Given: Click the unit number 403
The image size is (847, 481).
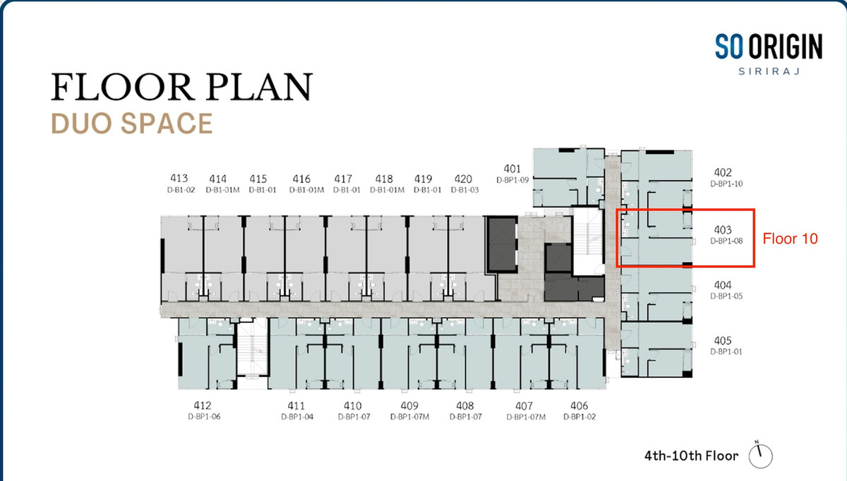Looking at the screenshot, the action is coord(723,230).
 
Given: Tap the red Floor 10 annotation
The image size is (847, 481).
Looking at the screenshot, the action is coord(790,239).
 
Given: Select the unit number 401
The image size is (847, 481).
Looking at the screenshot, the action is coord(512,169).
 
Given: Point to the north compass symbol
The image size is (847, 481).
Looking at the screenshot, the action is coord(760,455).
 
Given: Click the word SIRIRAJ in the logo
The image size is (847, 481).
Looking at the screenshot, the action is coord(769,71).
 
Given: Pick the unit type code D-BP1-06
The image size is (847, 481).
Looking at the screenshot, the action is coord(204,417).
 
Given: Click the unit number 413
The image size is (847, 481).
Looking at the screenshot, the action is coord(179,178).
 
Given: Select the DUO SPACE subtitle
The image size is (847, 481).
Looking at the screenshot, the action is coord(132,124).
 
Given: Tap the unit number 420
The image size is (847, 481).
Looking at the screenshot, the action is coord(463,179).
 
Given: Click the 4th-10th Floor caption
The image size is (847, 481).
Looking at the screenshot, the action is coord(691,456).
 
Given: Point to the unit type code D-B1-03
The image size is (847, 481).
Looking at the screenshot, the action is coord(464,189).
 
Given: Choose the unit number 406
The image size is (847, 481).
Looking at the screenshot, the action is coord(579,405).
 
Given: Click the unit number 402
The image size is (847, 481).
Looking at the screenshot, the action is coord(723,172).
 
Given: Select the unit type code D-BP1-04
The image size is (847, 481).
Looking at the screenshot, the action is coord(297,417).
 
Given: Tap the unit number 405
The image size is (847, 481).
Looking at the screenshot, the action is coord(723,340).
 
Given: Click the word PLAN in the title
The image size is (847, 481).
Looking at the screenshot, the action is coord(260,87).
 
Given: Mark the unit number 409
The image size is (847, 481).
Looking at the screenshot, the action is coord(409,405).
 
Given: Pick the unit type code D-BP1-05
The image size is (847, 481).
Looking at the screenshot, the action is coord(726,296).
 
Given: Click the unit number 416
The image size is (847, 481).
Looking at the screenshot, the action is coord(301,179).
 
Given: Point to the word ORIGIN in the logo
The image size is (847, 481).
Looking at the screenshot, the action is coord(786,47).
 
